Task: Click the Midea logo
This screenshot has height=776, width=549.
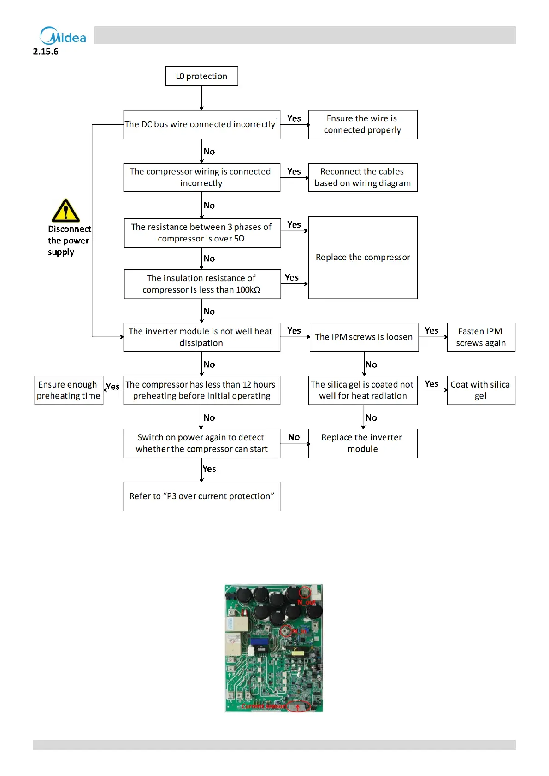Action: pos(63,36)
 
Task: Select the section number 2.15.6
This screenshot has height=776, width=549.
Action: pos(46,52)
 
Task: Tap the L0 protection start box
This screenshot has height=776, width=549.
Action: pos(201,76)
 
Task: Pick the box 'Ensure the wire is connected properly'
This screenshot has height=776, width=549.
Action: pos(362,124)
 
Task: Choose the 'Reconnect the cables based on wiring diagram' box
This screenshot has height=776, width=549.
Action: pos(362,177)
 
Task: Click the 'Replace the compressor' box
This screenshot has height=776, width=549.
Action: pos(362,257)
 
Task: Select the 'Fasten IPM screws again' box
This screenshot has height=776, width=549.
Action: pos(481,337)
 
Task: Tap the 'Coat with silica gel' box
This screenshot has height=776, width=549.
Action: pos(481,390)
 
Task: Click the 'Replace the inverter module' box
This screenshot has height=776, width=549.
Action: pos(362,443)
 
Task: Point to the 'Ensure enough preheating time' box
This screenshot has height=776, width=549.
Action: pos(69,390)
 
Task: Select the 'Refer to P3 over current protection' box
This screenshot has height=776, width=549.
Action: pos(201,496)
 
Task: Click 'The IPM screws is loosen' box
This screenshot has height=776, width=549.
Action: pos(364,337)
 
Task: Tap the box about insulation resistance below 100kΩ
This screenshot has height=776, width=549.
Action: pos(202,284)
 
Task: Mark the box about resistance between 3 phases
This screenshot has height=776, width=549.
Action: pos(202,233)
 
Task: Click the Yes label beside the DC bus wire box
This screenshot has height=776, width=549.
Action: pos(294,118)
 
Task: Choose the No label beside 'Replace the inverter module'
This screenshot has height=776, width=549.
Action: pos(294,437)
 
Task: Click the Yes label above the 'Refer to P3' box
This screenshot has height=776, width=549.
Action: pos(209,469)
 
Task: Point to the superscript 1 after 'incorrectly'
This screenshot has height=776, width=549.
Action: pos(277,120)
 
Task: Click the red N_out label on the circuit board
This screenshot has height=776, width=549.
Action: pos(306,602)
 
